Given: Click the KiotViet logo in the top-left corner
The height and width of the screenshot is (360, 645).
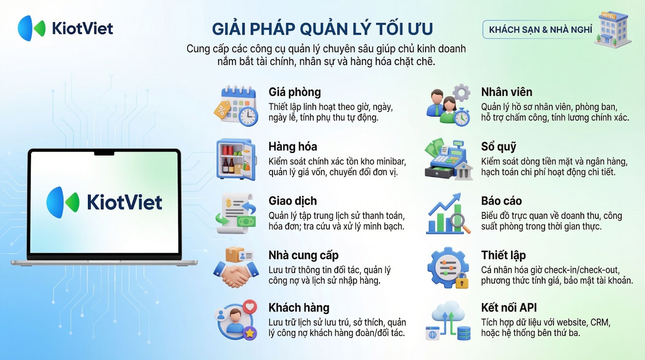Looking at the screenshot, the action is tap(65, 28).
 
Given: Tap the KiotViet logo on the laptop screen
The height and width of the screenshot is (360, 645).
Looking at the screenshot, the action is tap(104, 202).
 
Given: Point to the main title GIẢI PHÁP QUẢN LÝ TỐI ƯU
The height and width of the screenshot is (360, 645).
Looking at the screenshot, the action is tap(322, 29).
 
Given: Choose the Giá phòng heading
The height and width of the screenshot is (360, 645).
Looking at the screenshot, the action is tap(295, 92).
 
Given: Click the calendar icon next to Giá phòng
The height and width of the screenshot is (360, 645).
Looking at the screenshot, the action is tap(236, 105).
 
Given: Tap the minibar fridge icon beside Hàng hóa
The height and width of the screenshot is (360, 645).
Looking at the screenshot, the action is tap(236, 159).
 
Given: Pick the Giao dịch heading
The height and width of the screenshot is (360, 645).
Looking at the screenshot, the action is tap(293, 201).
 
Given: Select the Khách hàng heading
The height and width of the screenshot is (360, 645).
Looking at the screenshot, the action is tap(299, 308).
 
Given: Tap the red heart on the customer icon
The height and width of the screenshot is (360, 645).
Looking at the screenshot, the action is tap(250, 306).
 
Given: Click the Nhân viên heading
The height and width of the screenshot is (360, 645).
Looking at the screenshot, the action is tap(506, 92).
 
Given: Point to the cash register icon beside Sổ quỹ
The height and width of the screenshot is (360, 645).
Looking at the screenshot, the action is tap(448, 159).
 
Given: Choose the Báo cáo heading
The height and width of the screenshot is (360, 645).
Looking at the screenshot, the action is tap(501, 201).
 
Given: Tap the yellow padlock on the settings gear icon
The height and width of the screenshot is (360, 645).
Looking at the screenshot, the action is tap(462, 280).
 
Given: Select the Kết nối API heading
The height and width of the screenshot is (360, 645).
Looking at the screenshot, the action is tap(509, 308).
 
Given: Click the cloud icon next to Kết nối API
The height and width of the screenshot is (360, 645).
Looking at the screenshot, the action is tap(448, 311).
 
